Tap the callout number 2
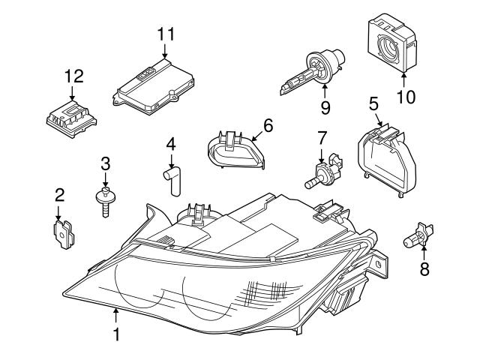(x=60, y=196)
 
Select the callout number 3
(x=105, y=163)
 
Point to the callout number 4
(x=171, y=142)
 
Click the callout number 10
(x=405, y=97)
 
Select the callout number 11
(x=165, y=33)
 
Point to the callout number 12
(x=73, y=76)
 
